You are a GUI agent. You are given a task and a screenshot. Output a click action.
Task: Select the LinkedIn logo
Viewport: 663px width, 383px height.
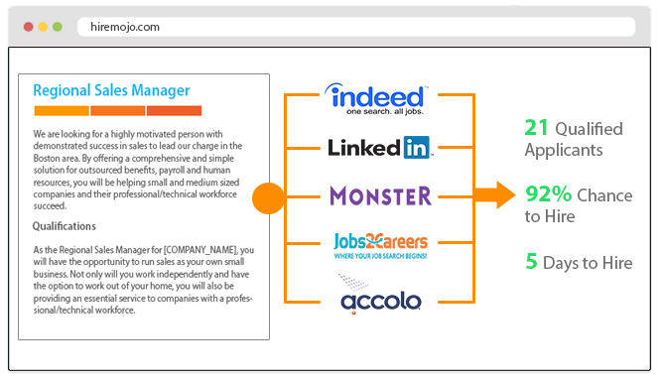click(x=378, y=148)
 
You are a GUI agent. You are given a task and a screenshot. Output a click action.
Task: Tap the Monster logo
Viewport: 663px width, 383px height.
click(x=378, y=195)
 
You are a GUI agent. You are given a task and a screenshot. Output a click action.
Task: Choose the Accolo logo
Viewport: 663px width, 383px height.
click(x=378, y=299)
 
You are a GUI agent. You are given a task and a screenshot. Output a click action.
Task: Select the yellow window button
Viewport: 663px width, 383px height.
click(x=42, y=26)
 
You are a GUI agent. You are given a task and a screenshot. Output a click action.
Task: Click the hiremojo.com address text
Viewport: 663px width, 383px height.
click(x=122, y=27)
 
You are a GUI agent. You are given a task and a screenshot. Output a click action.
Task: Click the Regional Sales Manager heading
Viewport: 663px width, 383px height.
click(x=111, y=90)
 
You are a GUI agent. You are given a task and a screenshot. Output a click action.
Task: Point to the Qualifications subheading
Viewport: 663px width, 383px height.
click(x=69, y=226)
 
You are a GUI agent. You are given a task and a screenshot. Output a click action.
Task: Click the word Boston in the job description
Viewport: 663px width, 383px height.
click(x=53, y=158)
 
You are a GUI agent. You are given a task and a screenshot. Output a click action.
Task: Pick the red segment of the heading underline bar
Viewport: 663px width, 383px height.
click(x=174, y=110)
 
